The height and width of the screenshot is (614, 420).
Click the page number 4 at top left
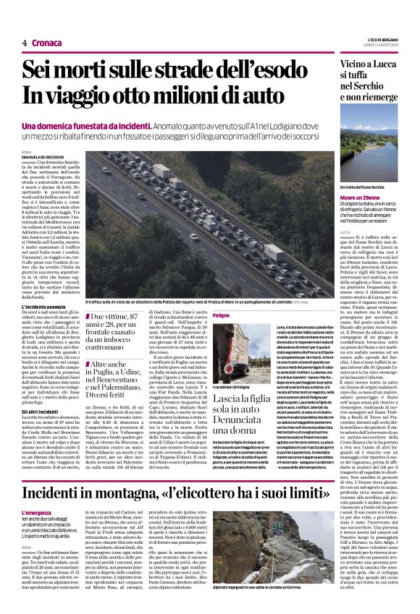coord(24,43)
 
